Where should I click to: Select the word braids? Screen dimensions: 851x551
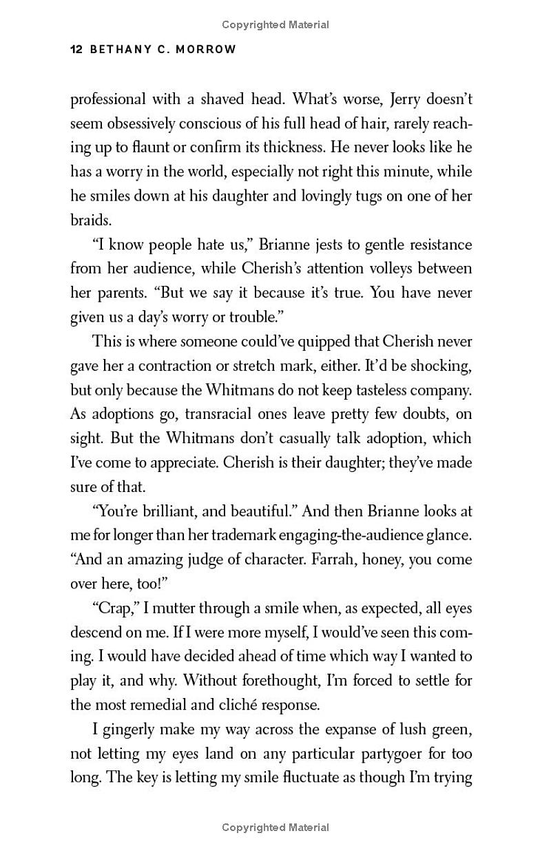[x=90, y=221]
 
